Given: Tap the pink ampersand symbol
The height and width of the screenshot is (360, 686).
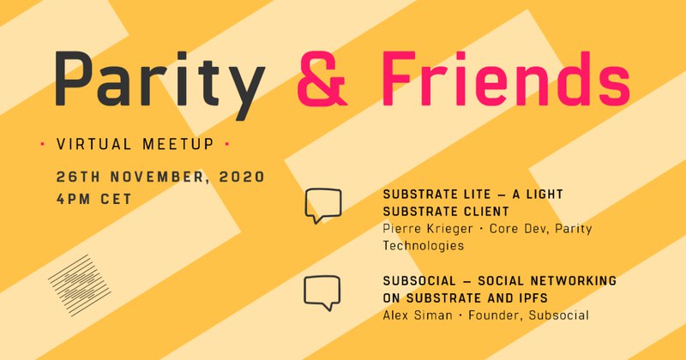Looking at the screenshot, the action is (322, 79).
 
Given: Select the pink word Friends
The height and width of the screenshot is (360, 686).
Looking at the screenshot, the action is (506, 79).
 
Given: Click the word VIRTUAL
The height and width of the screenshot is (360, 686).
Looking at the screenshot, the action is (93, 144).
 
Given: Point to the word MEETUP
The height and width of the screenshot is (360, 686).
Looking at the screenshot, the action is (178, 144).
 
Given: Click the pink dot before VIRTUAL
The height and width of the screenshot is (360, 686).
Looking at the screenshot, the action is (42, 143).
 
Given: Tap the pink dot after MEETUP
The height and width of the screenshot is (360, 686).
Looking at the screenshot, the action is (226, 143).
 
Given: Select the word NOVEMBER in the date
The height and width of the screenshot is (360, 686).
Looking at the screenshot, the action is (157, 177).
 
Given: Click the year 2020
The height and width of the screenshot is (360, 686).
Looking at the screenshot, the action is (242, 177).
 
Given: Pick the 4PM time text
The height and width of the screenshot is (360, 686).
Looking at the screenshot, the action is (74, 199).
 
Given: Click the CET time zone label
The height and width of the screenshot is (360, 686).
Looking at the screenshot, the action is (116, 199).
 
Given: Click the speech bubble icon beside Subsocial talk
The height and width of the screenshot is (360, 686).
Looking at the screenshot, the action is (322, 292).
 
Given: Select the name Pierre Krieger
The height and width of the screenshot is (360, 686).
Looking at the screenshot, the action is (427, 229).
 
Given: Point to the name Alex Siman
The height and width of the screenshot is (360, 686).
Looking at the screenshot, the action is (418, 315).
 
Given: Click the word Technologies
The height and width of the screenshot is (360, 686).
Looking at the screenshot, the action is (423, 245).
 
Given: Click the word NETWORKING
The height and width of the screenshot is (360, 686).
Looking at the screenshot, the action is (574, 281).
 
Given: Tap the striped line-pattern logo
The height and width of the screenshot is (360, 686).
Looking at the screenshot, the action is (79, 285).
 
